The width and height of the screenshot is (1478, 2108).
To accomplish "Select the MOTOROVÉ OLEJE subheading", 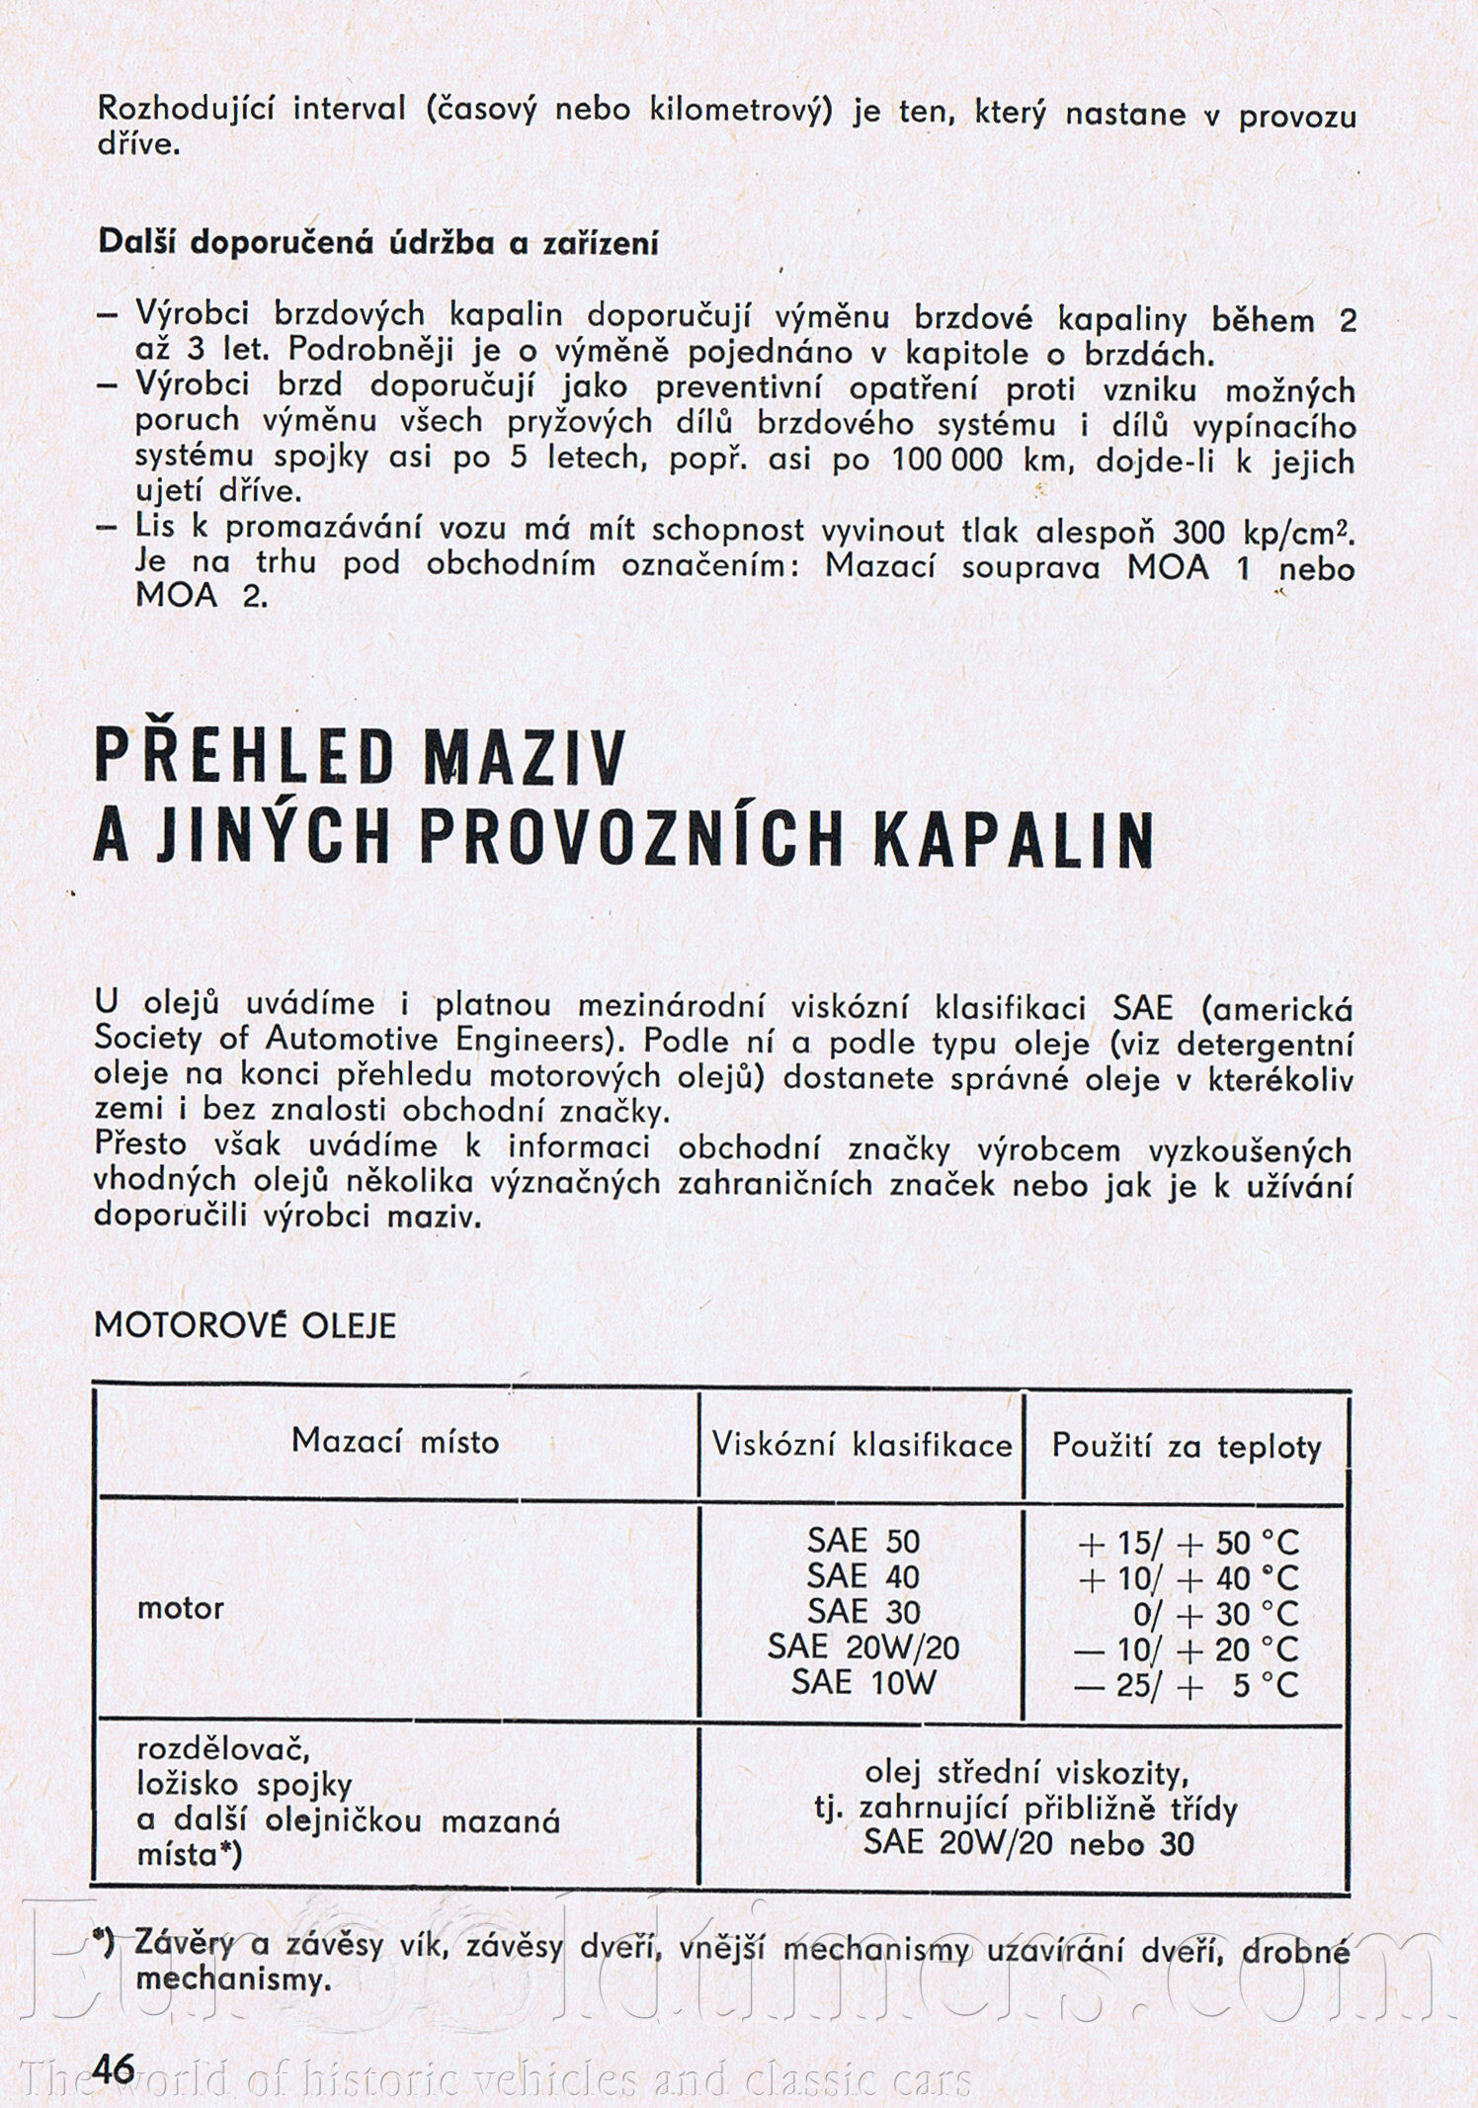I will (x=245, y=1326).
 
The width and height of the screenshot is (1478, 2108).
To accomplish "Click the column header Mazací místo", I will (x=395, y=1441).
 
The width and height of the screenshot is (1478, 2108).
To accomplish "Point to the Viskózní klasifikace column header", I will (x=862, y=1445).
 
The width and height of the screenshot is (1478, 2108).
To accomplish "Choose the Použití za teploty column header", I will (x=1187, y=1447).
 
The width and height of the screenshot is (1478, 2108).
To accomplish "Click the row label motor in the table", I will (x=181, y=1608).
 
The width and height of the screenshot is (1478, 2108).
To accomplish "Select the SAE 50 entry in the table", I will (x=862, y=1541).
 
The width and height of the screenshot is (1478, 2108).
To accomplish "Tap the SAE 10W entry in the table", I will (x=862, y=1682).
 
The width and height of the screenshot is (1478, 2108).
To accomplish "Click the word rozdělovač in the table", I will (x=223, y=1749).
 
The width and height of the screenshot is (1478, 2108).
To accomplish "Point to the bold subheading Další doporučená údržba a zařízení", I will (x=378, y=243).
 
